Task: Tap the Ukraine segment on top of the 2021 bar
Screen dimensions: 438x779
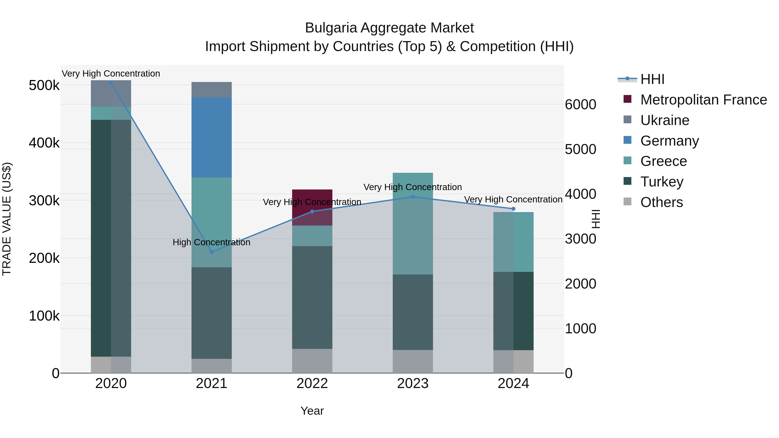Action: click(211, 90)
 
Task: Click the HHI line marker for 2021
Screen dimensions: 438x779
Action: click(211, 252)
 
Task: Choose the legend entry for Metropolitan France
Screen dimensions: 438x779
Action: click(703, 100)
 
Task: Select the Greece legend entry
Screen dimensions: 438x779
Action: click(663, 161)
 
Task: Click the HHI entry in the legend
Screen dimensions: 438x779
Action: click(652, 79)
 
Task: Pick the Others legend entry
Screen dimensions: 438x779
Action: click(661, 202)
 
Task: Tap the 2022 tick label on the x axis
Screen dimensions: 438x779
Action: click(312, 383)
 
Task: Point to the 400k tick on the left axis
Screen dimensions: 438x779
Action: click(44, 143)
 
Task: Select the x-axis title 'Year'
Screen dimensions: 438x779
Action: click(312, 411)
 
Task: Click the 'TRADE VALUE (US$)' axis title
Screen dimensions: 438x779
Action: click(7, 219)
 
